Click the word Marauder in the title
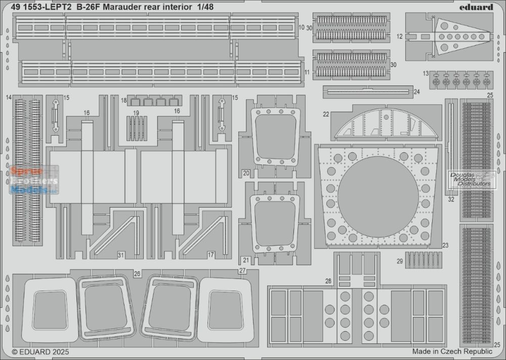pyautogui.click(x=125, y=7)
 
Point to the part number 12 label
pyautogui.click(x=399, y=36)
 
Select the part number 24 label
pyautogui.click(x=416, y=92)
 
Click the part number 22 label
pyautogui.click(x=326, y=115)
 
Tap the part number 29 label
pyautogui.click(x=400, y=261)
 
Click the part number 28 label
pyautogui.click(x=328, y=281)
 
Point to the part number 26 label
pyautogui.click(x=137, y=273)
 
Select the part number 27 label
pyautogui.click(x=242, y=271)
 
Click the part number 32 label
pyautogui.click(x=451, y=199)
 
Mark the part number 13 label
pyautogui.click(x=426, y=73)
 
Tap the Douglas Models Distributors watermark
pyautogui.click(x=470, y=179)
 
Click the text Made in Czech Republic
pyautogui.click(x=452, y=351)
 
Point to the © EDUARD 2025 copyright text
pyautogui.click(x=40, y=351)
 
